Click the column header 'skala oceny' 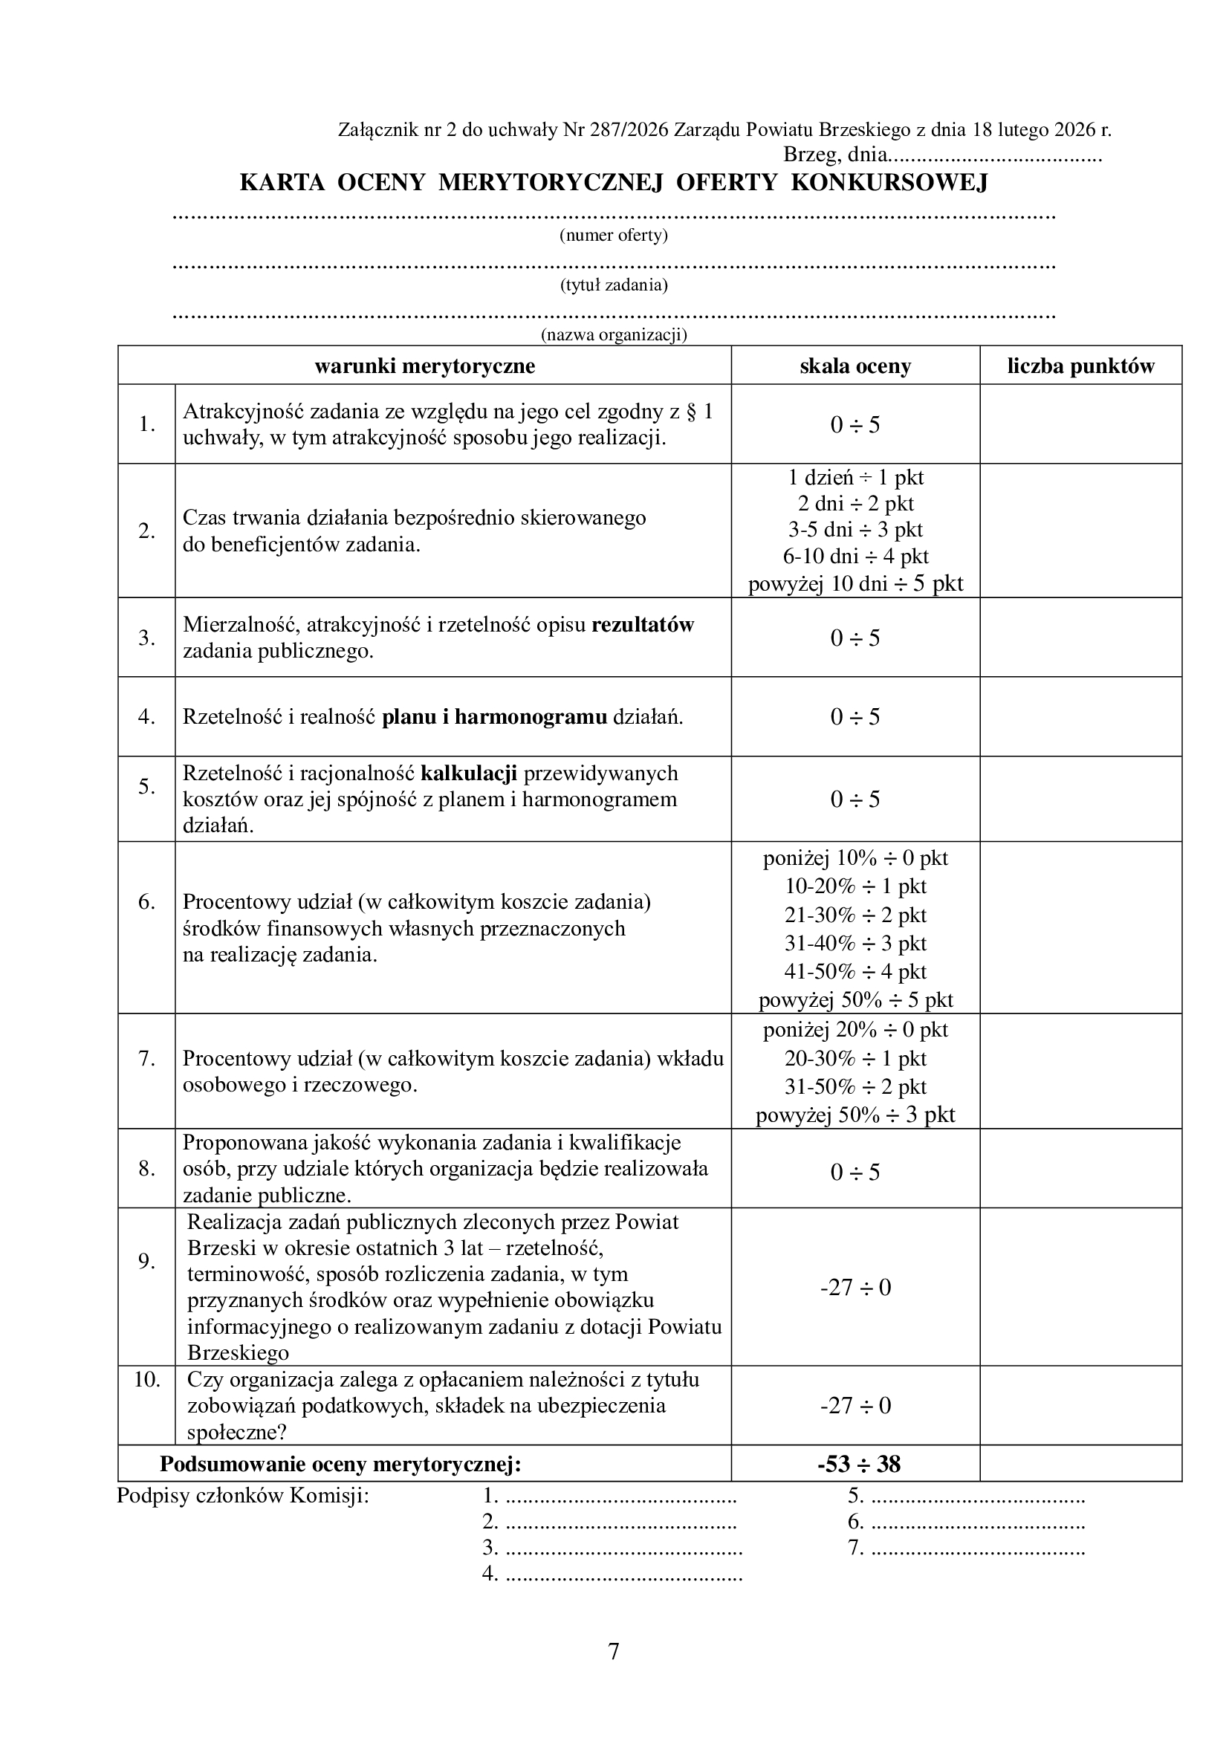(x=855, y=366)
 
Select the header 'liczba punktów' (x=1080, y=366)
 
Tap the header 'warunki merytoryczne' (x=424, y=366)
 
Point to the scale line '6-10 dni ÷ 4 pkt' (x=855, y=557)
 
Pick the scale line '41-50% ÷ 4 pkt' (x=855, y=971)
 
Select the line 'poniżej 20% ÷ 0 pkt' (x=855, y=1029)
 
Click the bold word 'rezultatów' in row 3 (x=643, y=625)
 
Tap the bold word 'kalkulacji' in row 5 (x=468, y=773)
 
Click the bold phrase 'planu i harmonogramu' (x=494, y=717)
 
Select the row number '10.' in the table (x=147, y=1379)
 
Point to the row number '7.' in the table (x=147, y=1058)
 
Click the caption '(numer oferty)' (x=614, y=236)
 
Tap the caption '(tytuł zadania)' (x=614, y=285)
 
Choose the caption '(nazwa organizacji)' (x=614, y=334)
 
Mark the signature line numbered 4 (x=613, y=1574)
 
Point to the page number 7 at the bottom (x=614, y=1651)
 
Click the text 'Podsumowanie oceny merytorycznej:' (x=340, y=1464)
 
